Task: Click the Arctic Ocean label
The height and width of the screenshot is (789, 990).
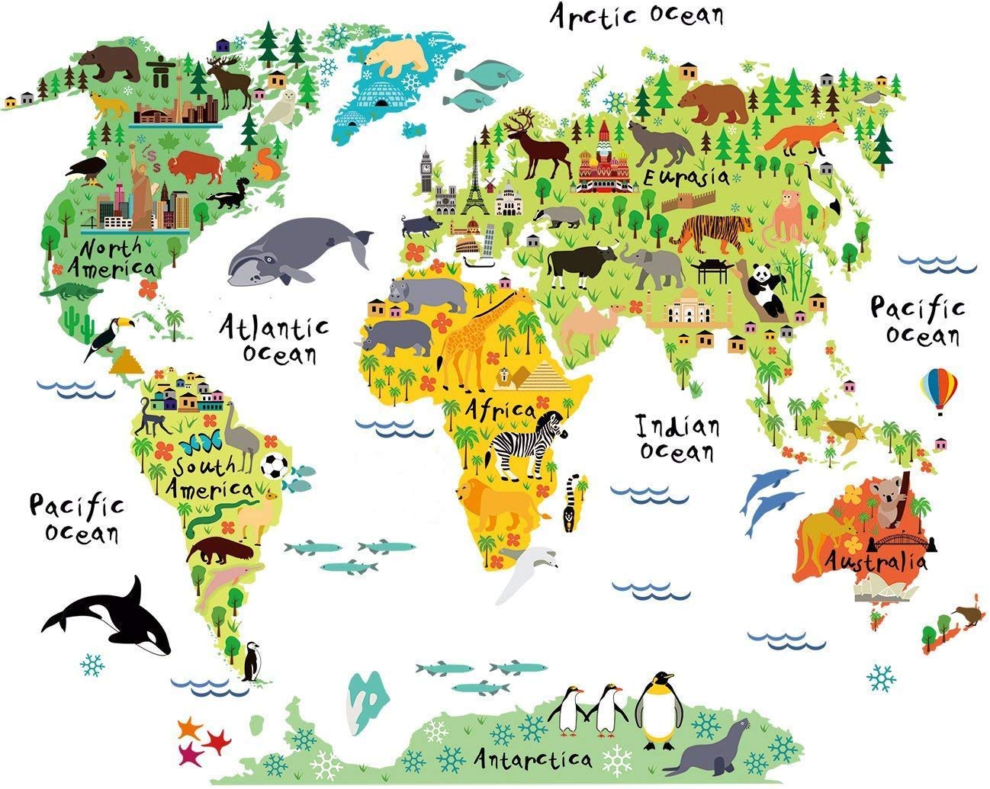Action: coord(637,15)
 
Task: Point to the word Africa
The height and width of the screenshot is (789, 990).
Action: coord(501,409)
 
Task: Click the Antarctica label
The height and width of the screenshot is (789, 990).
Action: coord(532,759)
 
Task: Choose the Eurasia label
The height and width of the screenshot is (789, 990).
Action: coord(686,178)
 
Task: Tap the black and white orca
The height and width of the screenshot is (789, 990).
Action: coord(114,618)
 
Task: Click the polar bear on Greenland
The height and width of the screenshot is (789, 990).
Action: coord(397,57)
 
